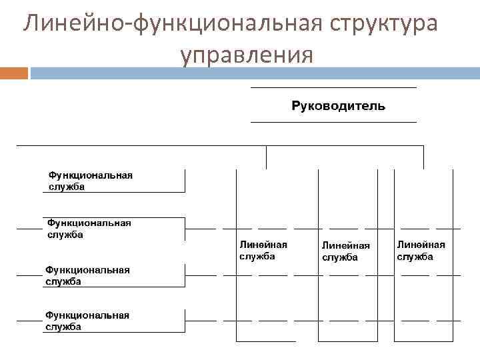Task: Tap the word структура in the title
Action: (373, 24)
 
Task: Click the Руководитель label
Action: (338, 106)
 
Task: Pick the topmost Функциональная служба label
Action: (90, 181)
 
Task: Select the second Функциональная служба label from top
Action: (88, 229)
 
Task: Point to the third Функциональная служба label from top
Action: (87, 275)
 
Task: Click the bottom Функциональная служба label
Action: (87, 321)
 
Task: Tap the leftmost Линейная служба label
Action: (263, 251)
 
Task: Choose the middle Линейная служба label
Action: (345, 251)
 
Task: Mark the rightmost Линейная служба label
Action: (421, 251)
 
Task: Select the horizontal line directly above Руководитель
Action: (333, 87)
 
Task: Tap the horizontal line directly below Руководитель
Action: (333, 123)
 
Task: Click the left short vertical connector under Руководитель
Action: (266, 157)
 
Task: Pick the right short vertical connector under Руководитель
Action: (423, 157)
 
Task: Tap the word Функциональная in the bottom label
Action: (87, 315)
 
